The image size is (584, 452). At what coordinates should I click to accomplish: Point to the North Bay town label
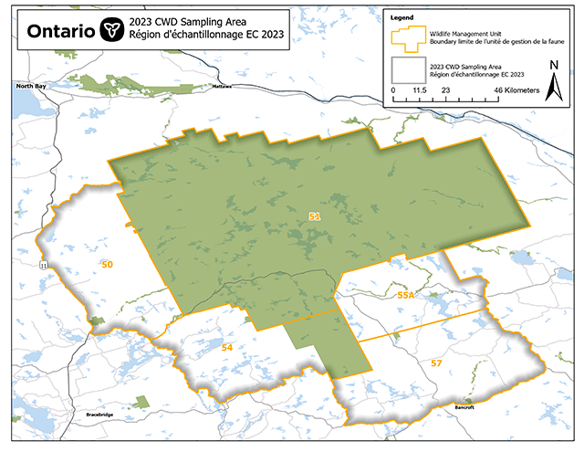pyautogui.click(x=29, y=86)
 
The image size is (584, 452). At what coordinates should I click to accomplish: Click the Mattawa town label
pyautogui.click(x=223, y=87)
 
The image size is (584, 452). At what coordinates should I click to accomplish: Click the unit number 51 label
pyautogui.click(x=315, y=216)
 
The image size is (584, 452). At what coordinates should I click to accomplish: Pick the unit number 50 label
pyautogui.click(x=108, y=265)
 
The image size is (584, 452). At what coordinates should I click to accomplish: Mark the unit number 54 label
pyautogui.click(x=227, y=349)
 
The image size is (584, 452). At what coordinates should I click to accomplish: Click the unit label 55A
pyautogui.click(x=406, y=296)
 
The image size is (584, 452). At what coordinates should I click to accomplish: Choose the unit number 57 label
pyautogui.click(x=436, y=363)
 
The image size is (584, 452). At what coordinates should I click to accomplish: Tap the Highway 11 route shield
pyautogui.click(x=43, y=264)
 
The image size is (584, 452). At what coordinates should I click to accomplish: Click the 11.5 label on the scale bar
pyautogui.click(x=421, y=91)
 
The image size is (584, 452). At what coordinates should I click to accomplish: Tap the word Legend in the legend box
pyautogui.click(x=402, y=16)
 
